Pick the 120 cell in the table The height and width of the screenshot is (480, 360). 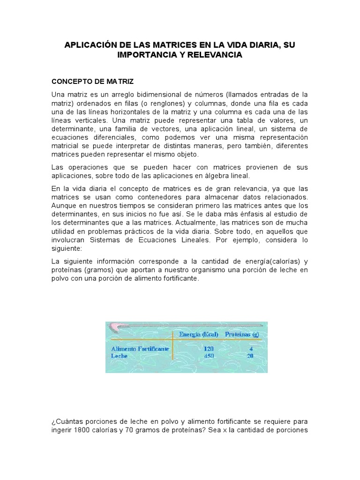(x=209, y=349)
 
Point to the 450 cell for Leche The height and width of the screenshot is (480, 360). (x=209, y=356)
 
